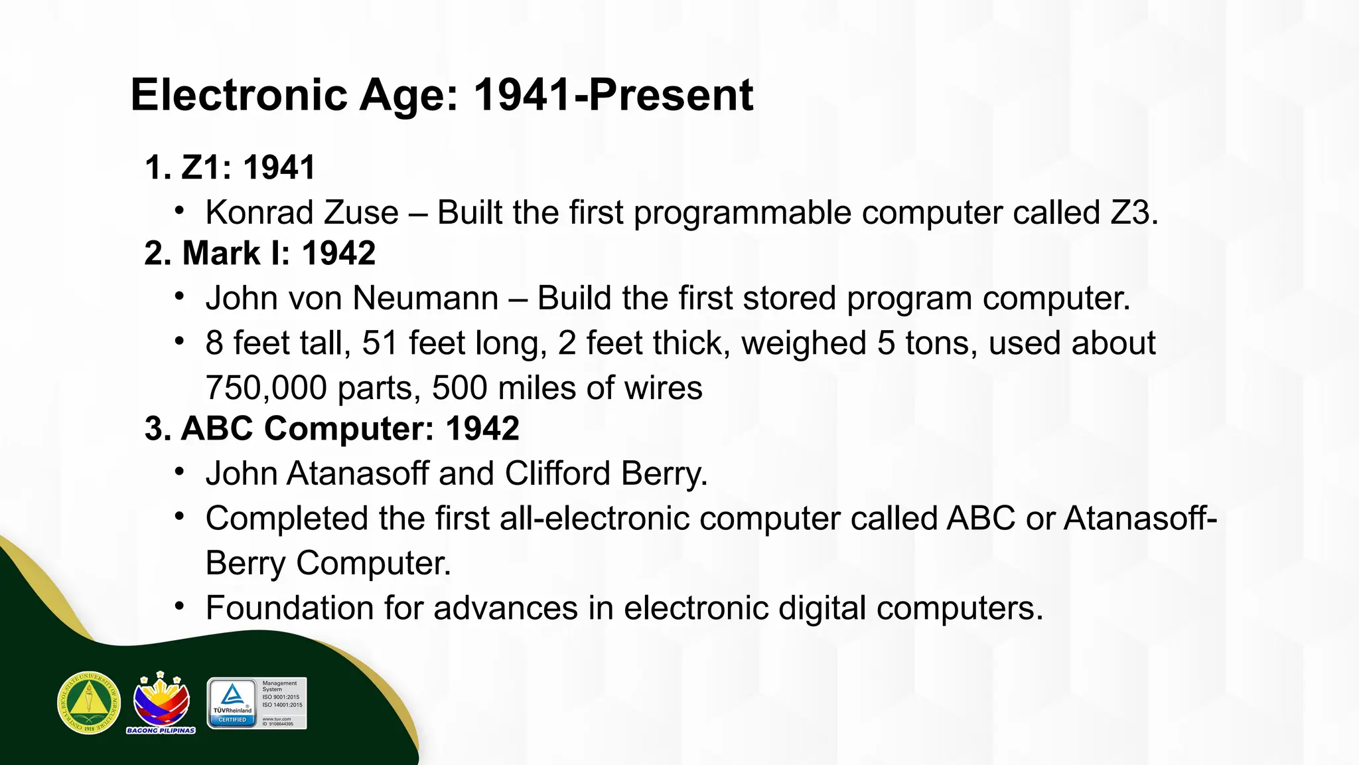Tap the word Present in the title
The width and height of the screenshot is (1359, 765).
point(671,95)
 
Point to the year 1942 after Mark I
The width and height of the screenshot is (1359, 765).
point(338,253)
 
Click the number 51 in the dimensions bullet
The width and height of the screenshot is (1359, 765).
point(380,343)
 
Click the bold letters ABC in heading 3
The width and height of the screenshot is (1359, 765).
point(217,428)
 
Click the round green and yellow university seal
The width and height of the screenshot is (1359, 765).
point(89,703)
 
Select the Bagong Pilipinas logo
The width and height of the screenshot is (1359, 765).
point(161,703)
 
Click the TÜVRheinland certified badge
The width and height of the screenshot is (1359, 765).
point(257,703)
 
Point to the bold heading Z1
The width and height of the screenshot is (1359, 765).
point(201,167)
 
